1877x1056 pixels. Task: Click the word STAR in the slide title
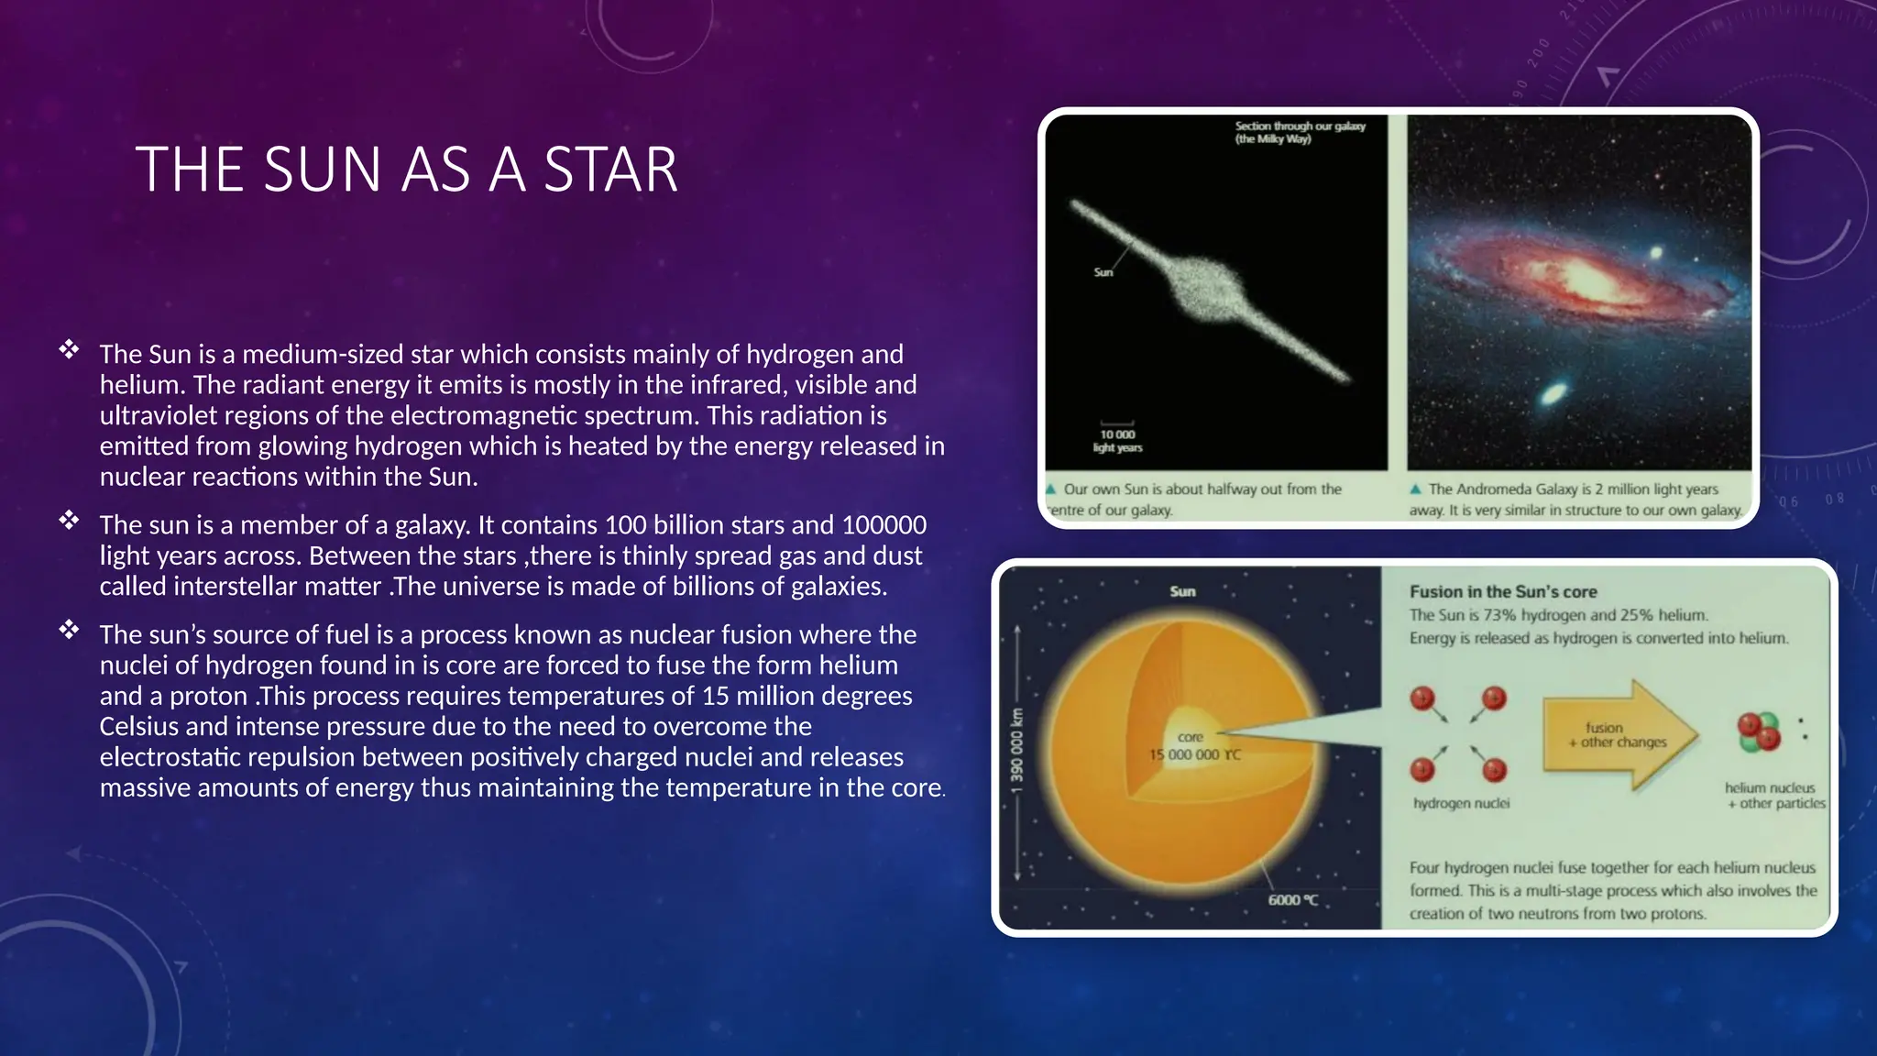click(x=610, y=170)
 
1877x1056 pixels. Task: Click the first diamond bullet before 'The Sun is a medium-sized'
click(x=69, y=349)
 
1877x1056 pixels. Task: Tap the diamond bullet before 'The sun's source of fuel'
click(x=69, y=630)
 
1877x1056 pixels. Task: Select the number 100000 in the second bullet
click(x=884, y=525)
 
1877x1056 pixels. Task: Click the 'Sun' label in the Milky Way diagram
click(x=1103, y=272)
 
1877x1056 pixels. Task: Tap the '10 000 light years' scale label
click(x=1117, y=441)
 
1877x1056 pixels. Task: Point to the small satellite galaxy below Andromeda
click(x=1553, y=394)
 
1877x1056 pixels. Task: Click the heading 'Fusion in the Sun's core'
click(x=1502, y=592)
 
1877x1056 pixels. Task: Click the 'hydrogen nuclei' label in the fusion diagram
click(x=1461, y=804)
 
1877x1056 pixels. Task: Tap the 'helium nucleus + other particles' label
click(x=1773, y=796)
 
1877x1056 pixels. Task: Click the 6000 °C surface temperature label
click(x=1292, y=900)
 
